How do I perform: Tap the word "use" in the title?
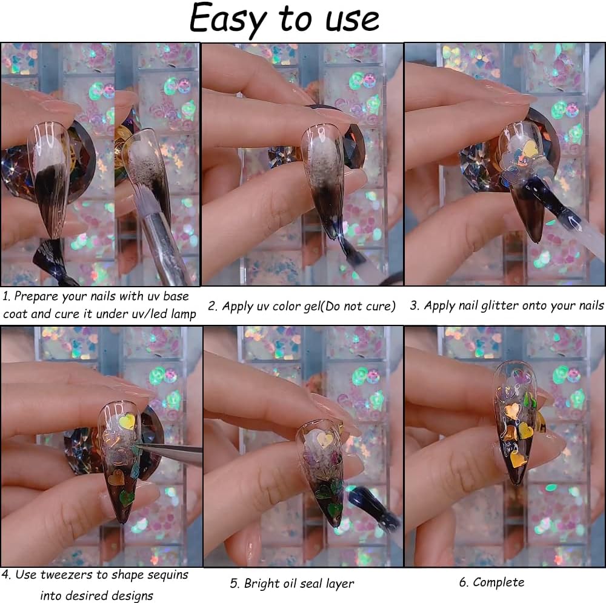349,20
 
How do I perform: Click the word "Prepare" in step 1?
37,296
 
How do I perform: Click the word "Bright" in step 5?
263,584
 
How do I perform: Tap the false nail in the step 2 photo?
323,176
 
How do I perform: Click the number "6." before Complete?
464,582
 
